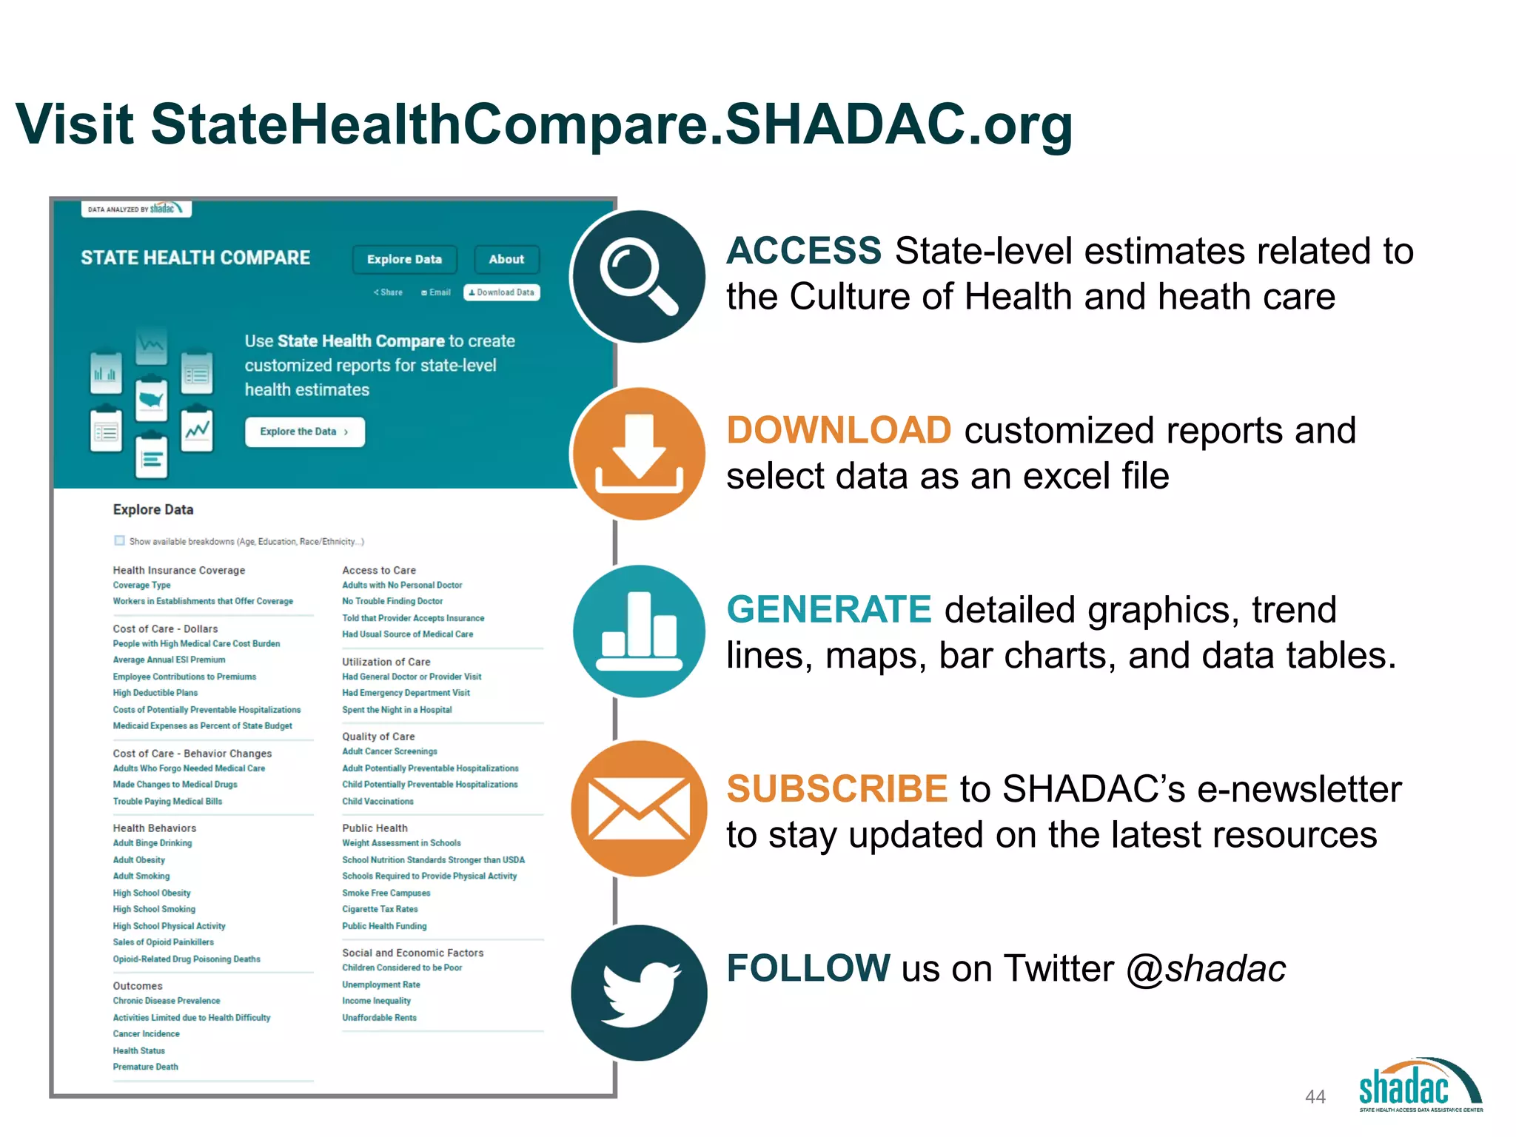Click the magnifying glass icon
pos(638,277)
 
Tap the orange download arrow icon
pos(638,454)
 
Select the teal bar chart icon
pos(638,631)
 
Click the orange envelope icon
pos(638,808)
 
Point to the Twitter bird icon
pos(638,992)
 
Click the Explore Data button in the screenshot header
pos(404,259)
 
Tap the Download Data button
pos(502,292)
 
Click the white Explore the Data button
pos(304,432)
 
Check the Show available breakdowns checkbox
pos(119,540)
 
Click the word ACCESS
pos(804,251)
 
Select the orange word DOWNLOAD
pos(838,430)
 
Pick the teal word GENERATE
pos(828,610)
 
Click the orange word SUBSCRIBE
pos(836,789)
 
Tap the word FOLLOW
pos(808,968)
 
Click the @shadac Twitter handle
pos(1206,968)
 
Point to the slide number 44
pos(1315,1096)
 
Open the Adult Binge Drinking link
pos(152,843)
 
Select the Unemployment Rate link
pos(381,985)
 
